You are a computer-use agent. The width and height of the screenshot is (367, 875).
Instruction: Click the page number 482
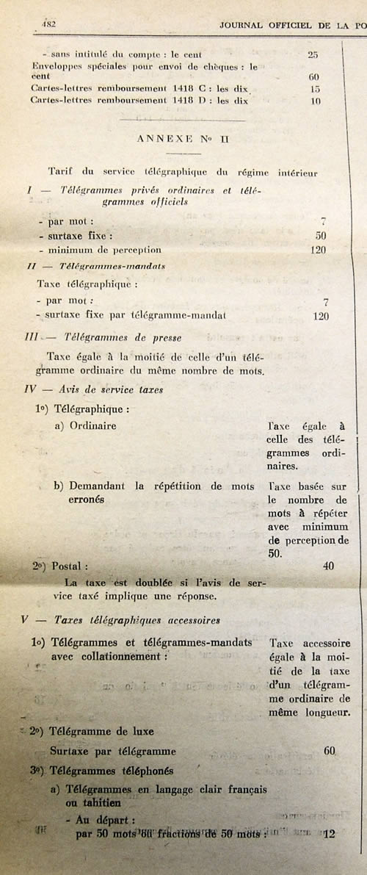(50, 24)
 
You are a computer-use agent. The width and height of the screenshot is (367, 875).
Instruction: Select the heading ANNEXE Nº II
(168, 138)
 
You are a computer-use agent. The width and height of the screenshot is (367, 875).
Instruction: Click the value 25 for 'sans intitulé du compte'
(313, 54)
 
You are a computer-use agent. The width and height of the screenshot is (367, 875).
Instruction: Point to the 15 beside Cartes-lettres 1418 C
(315, 89)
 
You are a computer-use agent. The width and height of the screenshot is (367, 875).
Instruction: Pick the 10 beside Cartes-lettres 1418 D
(315, 101)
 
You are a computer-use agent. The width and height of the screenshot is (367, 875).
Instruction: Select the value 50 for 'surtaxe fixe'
(320, 236)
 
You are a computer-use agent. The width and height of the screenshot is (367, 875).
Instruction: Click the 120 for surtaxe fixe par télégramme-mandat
(320, 316)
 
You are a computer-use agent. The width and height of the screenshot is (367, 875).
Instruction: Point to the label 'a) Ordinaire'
(84, 425)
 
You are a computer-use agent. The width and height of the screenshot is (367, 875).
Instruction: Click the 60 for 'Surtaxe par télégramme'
(329, 752)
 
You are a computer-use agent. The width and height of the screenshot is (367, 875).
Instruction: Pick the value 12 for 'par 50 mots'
(329, 833)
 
